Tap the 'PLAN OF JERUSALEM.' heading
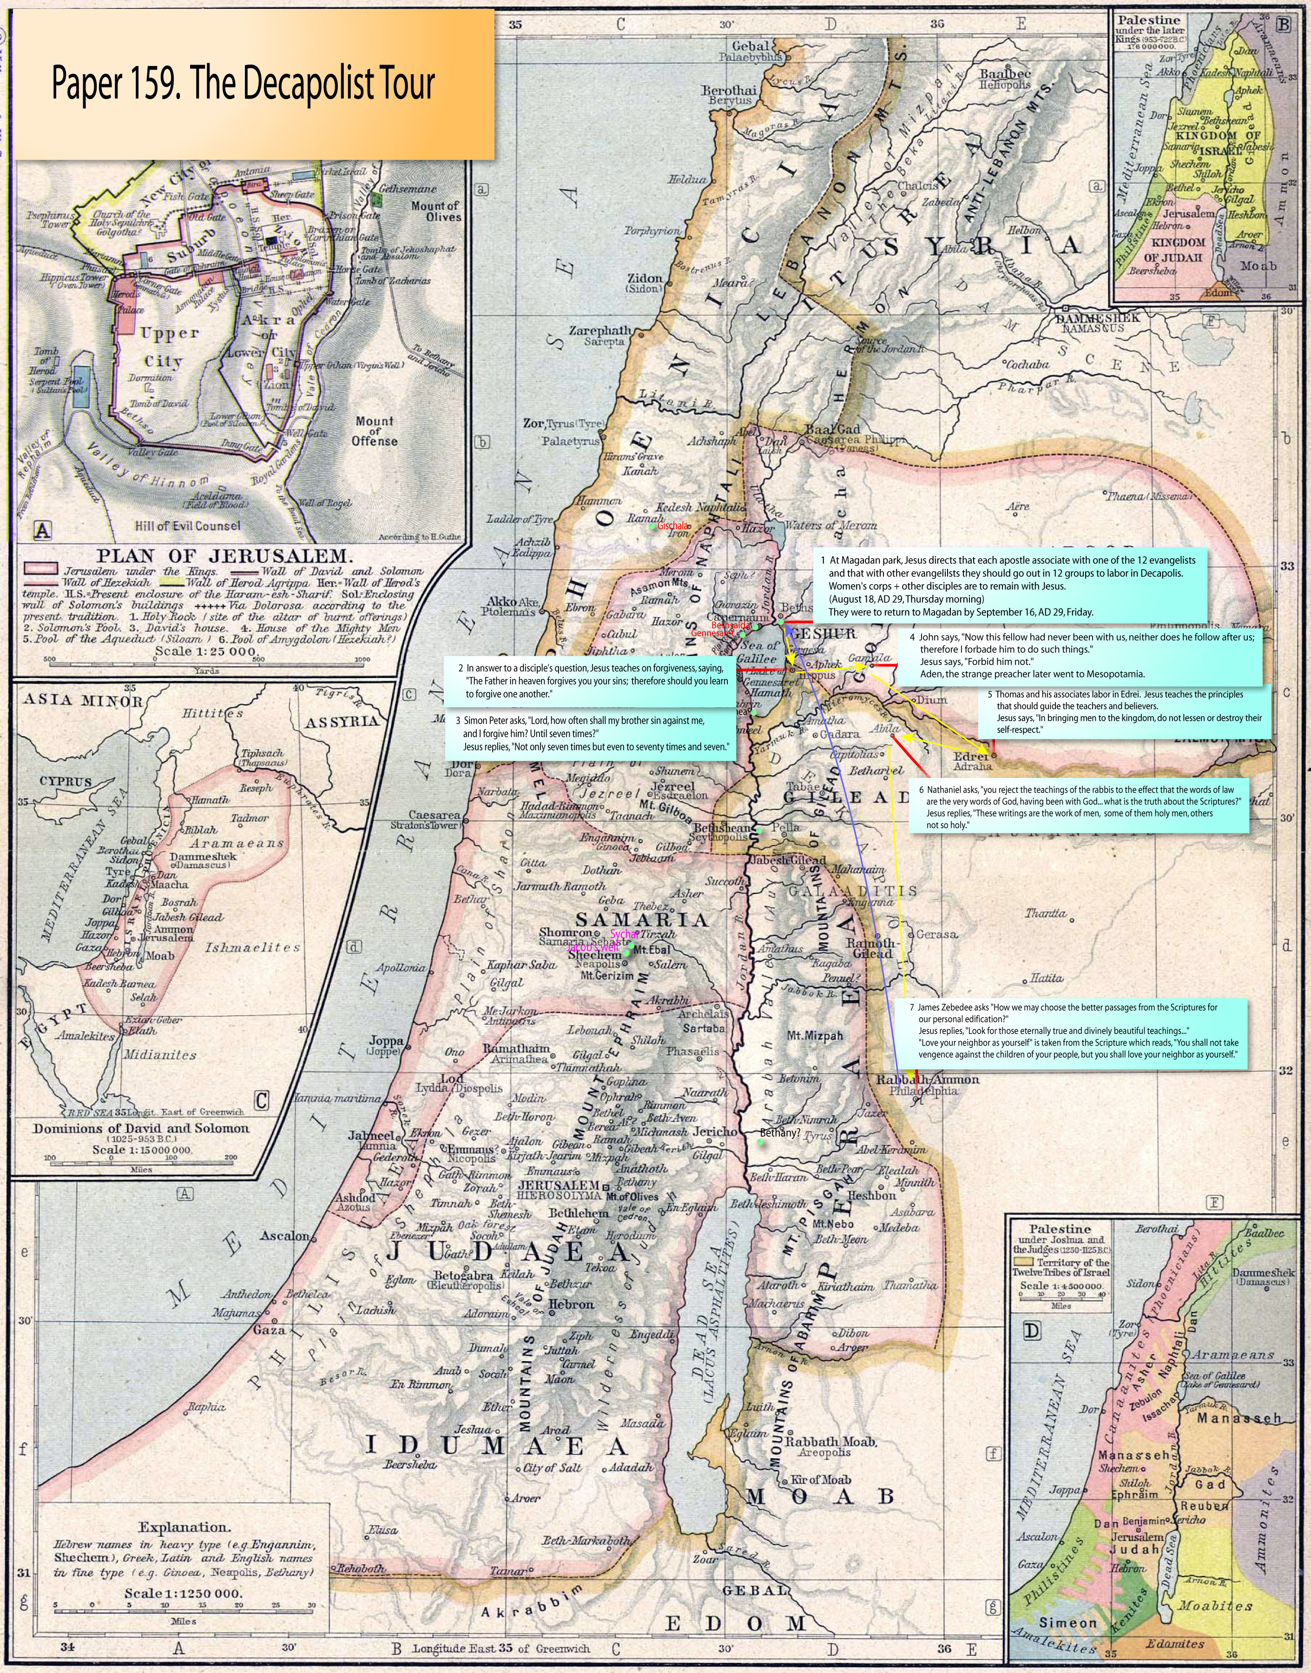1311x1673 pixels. tap(224, 556)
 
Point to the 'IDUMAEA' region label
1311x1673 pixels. tap(495, 1445)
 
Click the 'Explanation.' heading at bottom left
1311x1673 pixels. tap(184, 1527)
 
